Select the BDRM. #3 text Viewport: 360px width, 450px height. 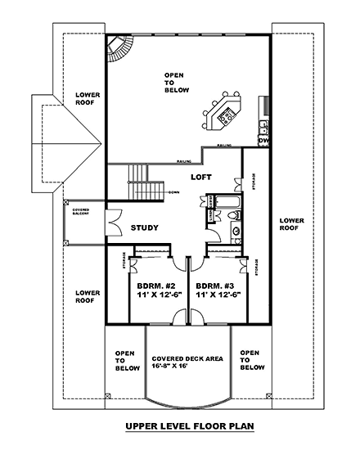[x=213, y=286]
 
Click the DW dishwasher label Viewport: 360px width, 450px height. [x=263, y=141]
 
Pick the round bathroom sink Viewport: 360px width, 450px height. [x=236, y=232]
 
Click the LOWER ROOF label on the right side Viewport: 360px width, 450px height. [x=291, y=225]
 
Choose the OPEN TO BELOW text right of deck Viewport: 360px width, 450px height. [x=250, y=360]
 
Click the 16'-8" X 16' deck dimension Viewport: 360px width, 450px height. [x=189, y=367]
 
